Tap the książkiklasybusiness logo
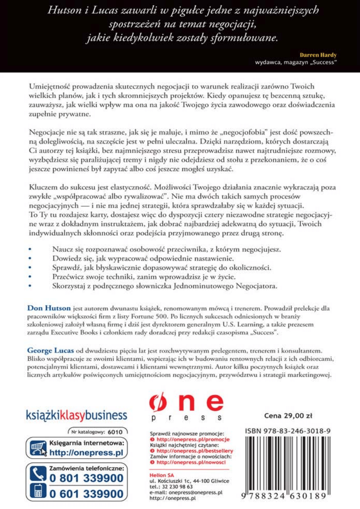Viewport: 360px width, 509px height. click(77, 415)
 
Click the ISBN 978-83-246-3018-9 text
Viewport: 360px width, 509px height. click(288, 431)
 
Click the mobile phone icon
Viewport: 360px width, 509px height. click(38, 493)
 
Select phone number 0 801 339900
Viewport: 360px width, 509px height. click(86, 478)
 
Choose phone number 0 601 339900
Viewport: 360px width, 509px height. click(86, 494)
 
